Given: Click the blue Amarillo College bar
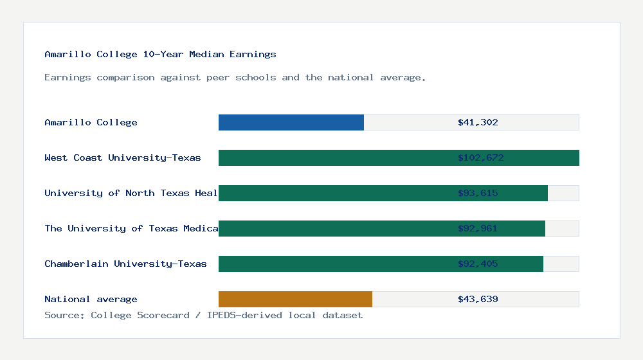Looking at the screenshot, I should point(291,123).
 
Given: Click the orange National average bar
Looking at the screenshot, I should point(295,300).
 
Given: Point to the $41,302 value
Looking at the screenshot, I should point(478,123).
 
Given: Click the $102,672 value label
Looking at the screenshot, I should point(480,158).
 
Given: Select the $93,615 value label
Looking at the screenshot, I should point(478,194).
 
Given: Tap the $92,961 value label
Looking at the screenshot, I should point(478,229).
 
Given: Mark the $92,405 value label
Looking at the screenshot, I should point(478,264).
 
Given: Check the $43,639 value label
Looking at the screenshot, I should point(478,300).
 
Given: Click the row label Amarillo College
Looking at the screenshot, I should point(91,123).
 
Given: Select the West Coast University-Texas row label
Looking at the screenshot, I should point(123,158).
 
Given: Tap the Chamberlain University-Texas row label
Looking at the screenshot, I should point(125,264).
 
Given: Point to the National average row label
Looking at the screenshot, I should point(91,300).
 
